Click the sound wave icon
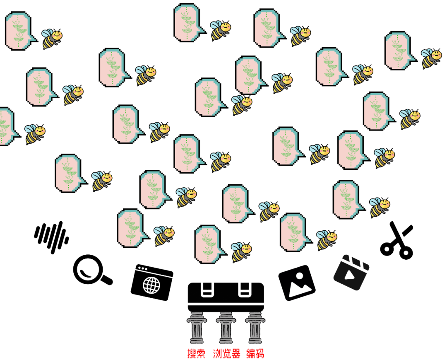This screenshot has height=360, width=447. (52, 237)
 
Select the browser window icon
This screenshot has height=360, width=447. (152, 283)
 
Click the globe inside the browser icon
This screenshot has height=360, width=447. (151, 285)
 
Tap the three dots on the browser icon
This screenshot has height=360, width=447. (142, 268)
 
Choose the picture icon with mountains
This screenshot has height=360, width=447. (297, 283)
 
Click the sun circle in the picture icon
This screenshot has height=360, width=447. (300, 276)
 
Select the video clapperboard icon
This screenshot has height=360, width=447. (351, 273)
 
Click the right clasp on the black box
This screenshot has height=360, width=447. (245, 290)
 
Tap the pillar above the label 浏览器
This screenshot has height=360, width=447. (226, 328)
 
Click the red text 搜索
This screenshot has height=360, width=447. (196, 354)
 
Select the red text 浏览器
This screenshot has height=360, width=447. (227, 354)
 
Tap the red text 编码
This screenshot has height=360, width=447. (255, 354)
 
